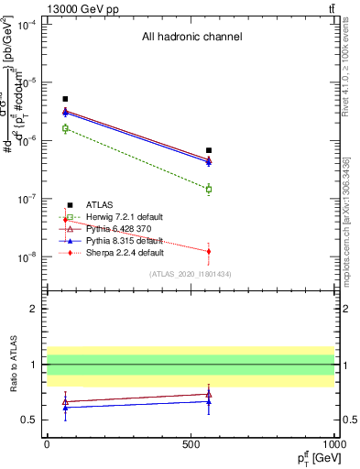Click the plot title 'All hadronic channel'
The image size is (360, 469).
(x=191, y=38)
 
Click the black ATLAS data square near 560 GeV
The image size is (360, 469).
(x=209, y=150)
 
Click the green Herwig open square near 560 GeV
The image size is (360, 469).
(x=209, y=190)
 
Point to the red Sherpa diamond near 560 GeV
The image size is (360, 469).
(x=209, y=251)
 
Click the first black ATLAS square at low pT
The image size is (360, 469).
(x=65, y=99)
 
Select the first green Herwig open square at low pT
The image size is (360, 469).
(x=65, y=128)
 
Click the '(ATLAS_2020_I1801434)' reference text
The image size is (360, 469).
(x=191, y=274)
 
